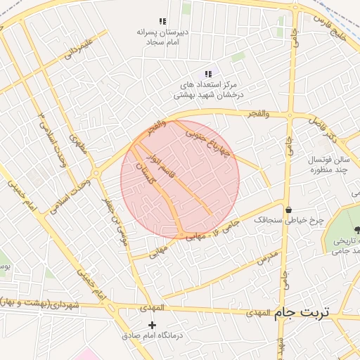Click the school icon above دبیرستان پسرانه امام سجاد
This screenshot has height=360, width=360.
[163, 22]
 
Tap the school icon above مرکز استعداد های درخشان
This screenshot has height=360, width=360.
[208, 74]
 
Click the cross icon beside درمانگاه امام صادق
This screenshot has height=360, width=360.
[153, 324]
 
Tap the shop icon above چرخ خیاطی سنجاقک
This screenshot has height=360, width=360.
[289, 209]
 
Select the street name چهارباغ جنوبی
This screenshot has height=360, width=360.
[207, 141]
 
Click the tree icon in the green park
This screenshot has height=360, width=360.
[358, 229]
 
